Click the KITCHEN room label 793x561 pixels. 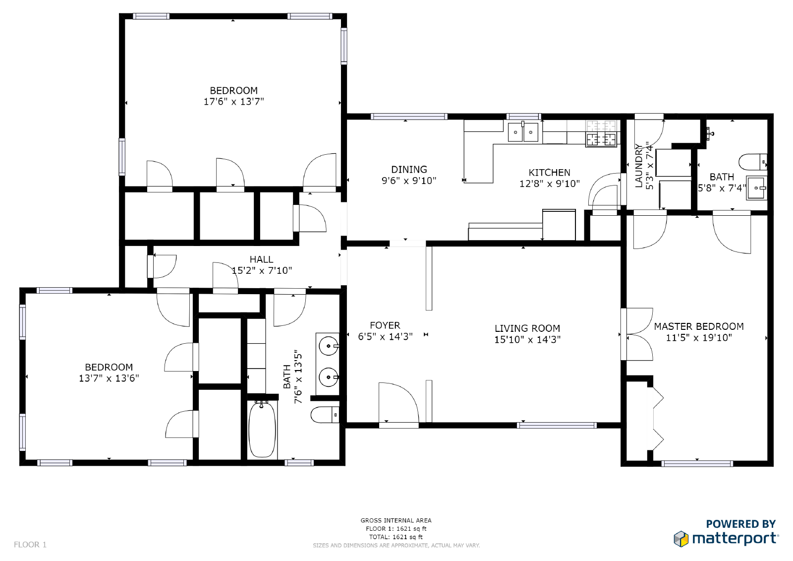(x=549, y=173)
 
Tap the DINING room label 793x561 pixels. (x=409, y=170)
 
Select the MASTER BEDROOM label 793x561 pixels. (x=698, y=326)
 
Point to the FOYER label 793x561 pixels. (x=385, y=325)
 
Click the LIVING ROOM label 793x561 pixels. (x=527, y=328)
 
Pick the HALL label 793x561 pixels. (x=261, y=259)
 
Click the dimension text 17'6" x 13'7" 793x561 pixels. (x=233, y=102)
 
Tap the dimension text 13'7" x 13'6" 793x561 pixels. (x=109, y=378)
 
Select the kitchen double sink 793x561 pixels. (x=523, y=132)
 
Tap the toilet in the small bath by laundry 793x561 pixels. (x=752, y=162)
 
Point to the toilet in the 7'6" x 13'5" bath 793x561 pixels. (x=325, y=415)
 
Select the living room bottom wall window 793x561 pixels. (x=557, y=425)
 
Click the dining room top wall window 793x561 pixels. (x=409, y=117)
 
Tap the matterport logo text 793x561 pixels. (x=736, y=539)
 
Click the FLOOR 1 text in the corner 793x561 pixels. (x=30, y=545)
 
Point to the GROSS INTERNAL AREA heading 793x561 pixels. (x=396, y=520)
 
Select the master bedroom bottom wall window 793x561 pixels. (x=697, y=464)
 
